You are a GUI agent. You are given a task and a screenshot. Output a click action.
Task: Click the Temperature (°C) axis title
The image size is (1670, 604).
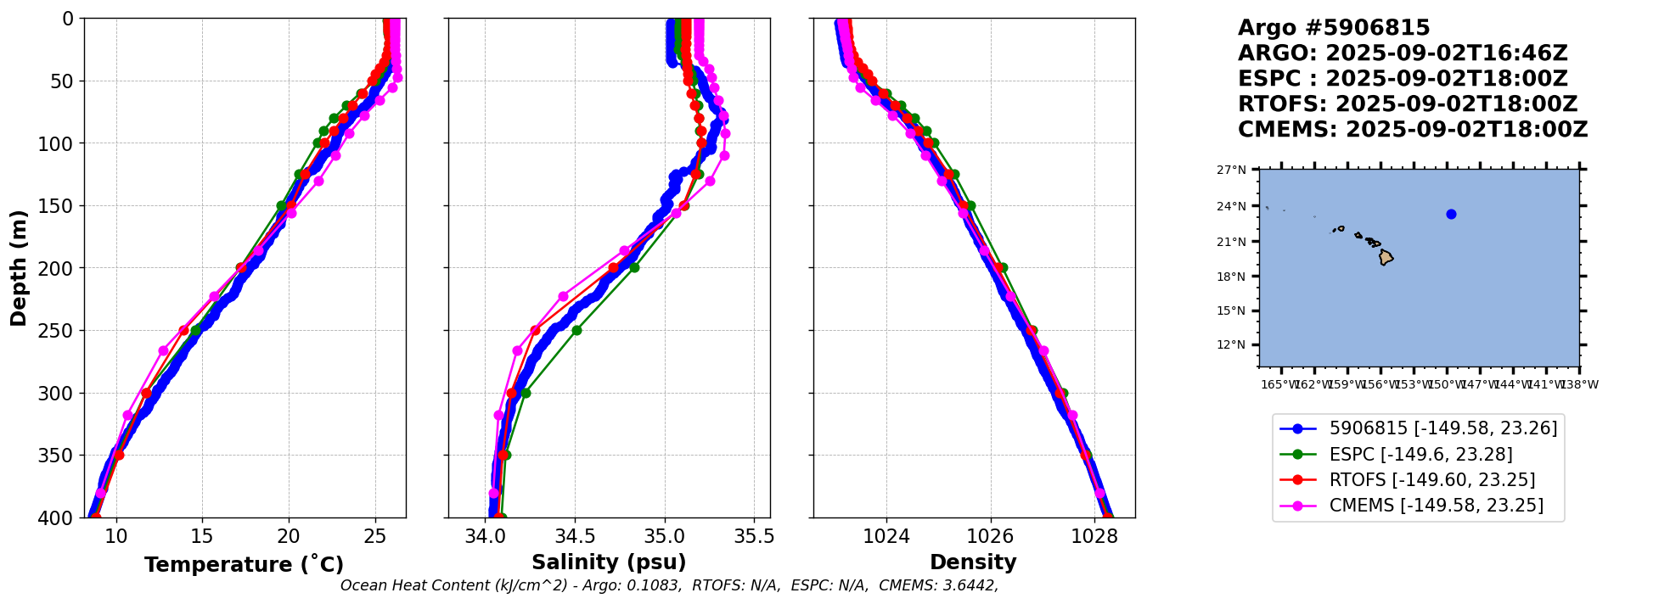(244, 565)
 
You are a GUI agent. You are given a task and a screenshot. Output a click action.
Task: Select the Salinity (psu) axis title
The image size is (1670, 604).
(609, 562)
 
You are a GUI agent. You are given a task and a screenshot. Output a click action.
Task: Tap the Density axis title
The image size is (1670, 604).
(973, 562)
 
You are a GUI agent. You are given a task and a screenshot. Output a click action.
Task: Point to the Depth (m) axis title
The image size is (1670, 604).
(19, 267)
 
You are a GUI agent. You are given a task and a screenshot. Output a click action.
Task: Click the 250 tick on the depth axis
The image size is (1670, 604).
(63, 330)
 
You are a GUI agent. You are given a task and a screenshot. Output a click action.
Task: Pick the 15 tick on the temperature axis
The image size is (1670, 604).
(202, 536)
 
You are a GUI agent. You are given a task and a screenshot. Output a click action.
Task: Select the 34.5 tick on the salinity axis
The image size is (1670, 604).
(575, 536)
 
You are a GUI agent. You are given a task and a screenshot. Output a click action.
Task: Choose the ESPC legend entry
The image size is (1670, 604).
(1420, 455)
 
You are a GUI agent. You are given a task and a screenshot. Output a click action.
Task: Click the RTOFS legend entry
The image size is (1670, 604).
(1431, 480)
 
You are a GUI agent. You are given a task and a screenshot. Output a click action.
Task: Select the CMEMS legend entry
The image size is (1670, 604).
(1436, 506)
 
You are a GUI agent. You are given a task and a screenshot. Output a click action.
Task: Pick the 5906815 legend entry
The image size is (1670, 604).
(1442, 428)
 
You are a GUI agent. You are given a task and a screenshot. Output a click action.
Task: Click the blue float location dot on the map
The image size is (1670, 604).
(1451, 214)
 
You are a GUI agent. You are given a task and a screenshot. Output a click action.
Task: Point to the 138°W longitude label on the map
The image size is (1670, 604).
(1580, 384)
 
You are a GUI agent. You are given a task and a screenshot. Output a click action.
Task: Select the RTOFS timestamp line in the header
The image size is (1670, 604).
(1408, 104)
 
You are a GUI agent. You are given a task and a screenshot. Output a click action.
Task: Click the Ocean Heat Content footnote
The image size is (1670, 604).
(669, 585)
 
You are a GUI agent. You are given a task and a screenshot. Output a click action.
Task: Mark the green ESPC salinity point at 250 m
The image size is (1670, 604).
(576, 330)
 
